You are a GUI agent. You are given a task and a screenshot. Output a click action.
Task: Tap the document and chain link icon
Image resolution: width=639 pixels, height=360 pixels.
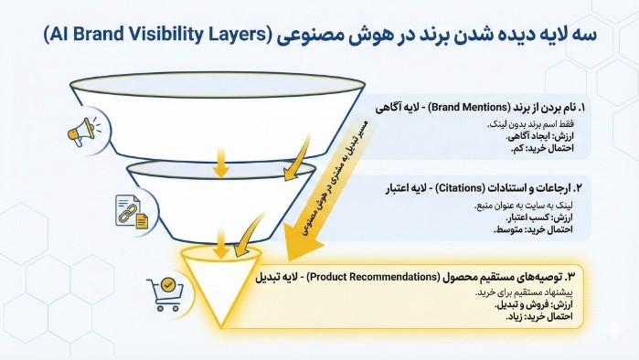[x=127, y=211]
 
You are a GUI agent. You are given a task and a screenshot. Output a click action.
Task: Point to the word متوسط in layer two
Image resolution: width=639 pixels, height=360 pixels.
[x=517, y=229]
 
